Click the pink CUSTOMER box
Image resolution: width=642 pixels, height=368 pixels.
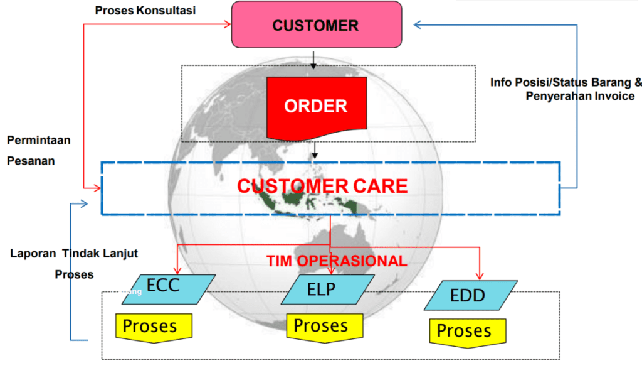click(x=316, y=25)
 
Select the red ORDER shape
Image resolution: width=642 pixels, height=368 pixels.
click(x=316, y=106)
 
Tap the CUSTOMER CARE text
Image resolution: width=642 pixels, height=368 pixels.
click(x=322, y=186)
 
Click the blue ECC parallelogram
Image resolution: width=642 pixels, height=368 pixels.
click(x=169, y=288)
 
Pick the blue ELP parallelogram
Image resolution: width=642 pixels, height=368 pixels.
click(x=321, y=290)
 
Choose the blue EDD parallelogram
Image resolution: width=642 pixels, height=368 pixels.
click(x=470, y=295)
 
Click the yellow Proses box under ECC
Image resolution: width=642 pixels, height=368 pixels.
click(x=154, y=327)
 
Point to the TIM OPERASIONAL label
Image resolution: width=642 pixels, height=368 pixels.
click(x=337, y=261)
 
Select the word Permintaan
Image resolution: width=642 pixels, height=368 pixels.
click(x=39, y=139)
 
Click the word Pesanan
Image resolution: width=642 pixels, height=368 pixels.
click(x=31, y=161)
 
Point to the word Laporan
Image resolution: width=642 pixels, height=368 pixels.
click(x=33, y=254)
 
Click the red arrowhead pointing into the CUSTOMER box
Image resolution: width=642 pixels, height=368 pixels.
click(x=228, y=25)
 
